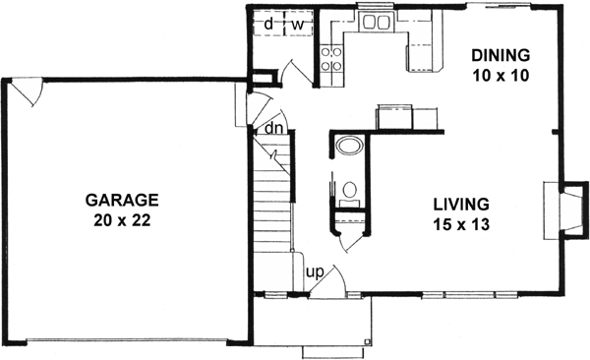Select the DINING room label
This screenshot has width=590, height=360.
(x=500, y=53)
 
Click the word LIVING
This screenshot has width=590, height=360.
(x=461, y=205)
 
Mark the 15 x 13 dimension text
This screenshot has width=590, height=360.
(x=461, y=223)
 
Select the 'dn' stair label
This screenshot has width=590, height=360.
(x=274, y=128)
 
